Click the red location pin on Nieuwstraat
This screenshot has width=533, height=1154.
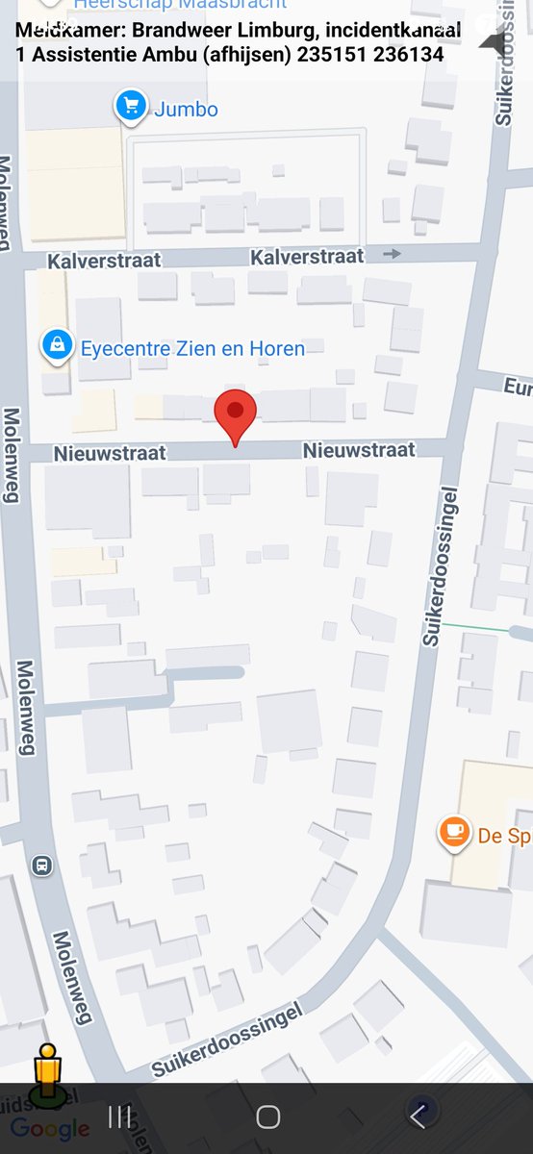(235, 413)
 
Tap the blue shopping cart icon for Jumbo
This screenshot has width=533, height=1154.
(130, 106)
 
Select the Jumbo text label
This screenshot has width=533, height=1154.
(186, 110)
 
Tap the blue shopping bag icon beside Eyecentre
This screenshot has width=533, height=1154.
(58, 344)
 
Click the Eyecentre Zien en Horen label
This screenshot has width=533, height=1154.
(192, 348)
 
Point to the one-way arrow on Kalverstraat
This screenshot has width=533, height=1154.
(392, 254)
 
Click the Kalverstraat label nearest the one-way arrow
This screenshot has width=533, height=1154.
(307, 257)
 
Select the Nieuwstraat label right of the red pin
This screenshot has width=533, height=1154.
(359, 450)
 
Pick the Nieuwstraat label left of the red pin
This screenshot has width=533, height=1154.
(110, 452)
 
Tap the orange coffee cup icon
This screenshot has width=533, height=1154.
(454, 832)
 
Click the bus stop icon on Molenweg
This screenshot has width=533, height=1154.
(41, 865)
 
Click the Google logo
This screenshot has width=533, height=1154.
(50, 1129)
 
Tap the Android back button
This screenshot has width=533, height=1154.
(418, 1116)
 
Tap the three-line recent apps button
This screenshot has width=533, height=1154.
(120, 1116)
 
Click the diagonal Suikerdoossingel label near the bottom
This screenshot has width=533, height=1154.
(226, 1040)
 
